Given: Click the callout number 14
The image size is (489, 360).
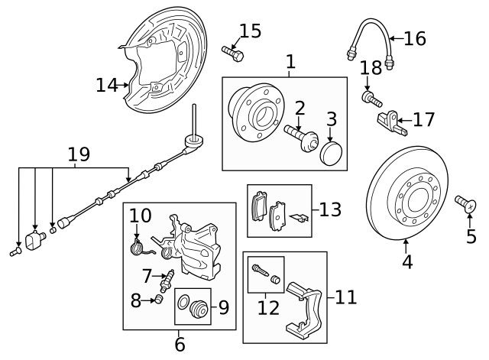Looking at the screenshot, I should pyautogui.click(x=107, y=85).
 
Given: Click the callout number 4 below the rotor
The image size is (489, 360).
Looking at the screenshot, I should pyautogui.click(x=407, y=261).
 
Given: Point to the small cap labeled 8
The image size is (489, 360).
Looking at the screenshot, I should pyautogui.click(x=159, y=299).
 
